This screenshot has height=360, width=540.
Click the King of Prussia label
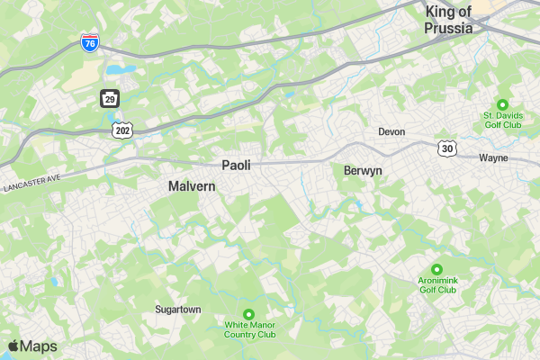click(448, 19)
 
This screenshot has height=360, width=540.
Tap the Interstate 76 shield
click(89, 42)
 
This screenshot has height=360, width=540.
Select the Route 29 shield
click(108, 97)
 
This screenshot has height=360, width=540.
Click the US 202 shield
click(122, 130)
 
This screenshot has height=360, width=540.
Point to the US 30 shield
click(446, 147)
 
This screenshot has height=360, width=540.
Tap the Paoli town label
click(236, 165)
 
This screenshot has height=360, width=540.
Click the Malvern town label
click(192, 185)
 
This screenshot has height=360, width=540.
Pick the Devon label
click(391, 131)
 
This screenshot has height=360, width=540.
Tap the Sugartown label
click(178, 309)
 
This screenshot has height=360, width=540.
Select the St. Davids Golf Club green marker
click(502, 103)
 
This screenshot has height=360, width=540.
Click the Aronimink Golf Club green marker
click(436, 268)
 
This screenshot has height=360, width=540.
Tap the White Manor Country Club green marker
click(249, 313)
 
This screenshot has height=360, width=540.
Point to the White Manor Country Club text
click(250, 329)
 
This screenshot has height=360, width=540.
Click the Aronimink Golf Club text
click(437, 284)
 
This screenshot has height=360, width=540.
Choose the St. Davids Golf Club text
click(502, 120)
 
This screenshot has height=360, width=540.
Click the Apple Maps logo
click(32, 346)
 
